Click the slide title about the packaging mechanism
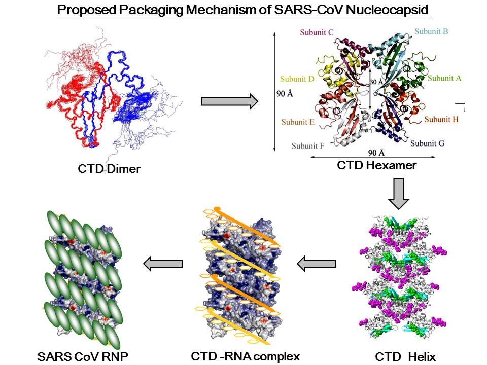[243, 10]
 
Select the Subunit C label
[317, 33]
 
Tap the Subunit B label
[431, 31]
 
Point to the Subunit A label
[444, 78]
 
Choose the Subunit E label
[298, 122]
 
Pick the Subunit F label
[308, 147]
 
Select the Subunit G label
[427, 143]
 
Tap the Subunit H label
[441, 119]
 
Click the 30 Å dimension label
[376, 82]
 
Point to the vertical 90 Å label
[283, 94]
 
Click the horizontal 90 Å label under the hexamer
[375, 152]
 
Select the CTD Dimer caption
[109, 169]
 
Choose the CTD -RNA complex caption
[246, 356]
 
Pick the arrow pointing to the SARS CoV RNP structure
[163, 263]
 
